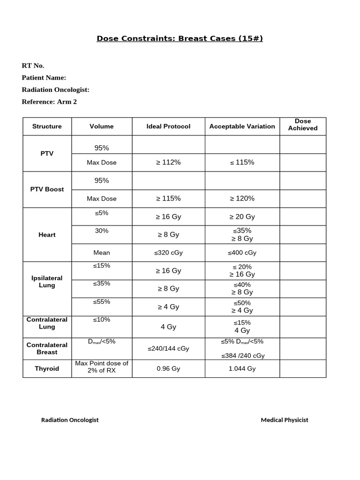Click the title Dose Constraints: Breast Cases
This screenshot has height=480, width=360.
coord(180,38)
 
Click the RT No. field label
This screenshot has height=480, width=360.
coord(33,66)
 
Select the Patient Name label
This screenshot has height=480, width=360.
coord(44,78)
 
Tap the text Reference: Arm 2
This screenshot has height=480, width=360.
coord(49,102)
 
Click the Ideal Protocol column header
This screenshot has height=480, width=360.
coord(168,127)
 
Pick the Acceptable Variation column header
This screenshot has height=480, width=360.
coord(242,127)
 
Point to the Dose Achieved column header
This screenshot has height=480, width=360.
coord(303,125)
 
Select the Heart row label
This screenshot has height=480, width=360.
coord(47,235)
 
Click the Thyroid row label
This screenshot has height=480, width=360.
coord(47,369)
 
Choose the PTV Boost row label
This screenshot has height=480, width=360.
coord(47,189)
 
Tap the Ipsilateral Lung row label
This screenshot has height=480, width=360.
coord(47,282)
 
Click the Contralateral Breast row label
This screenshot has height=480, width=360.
coord(47,348)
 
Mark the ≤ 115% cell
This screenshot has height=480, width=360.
coord(242,163)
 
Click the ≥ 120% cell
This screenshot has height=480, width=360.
coord(242,199)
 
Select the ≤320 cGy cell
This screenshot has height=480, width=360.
coord(168,253)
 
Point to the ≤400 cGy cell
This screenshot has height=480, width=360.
coord(242,253)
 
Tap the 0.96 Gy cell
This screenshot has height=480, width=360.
coord(168,369)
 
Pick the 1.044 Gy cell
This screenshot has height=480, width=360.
coord(242,369)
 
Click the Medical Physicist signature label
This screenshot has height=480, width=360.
coord(285,420)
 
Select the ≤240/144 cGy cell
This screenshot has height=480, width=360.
coord(168,349)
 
